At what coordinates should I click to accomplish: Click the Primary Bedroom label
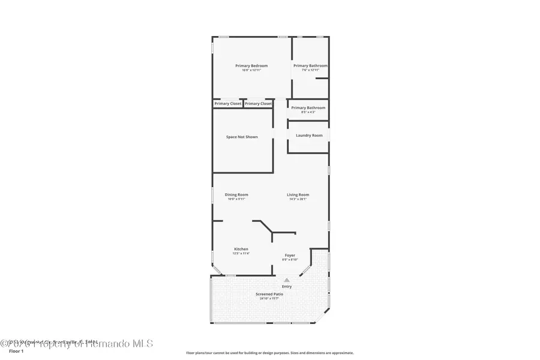click(x=251, y=65)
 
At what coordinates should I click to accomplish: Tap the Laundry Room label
click(x=309, y=136)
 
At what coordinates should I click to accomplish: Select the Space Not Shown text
click(x=242, y=137)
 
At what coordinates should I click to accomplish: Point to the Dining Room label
click(x=236, y=194)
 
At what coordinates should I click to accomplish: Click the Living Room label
click(x=298, y=194)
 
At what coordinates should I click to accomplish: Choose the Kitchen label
click(x=241, y=249)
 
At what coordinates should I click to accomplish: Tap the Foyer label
click(x=290, y=255)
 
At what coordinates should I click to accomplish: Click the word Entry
click(x=287, y=286)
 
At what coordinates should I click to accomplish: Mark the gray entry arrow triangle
click(x=287, y=280)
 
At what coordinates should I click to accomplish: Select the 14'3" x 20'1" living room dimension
click(x=298, y=199)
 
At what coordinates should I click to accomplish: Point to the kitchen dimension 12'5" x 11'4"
click(x=241, y=253)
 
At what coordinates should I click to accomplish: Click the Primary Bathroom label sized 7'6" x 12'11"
click(x=310, y=65)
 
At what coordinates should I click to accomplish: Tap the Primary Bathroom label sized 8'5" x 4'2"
click(x=308, y=108)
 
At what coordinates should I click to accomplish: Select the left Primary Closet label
click(x=228, y=103)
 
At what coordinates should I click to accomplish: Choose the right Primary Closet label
click(x=258, y=103)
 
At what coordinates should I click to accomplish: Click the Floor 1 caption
click(x=16, y=351)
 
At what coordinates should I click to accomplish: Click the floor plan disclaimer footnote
click(x=269, y=353)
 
